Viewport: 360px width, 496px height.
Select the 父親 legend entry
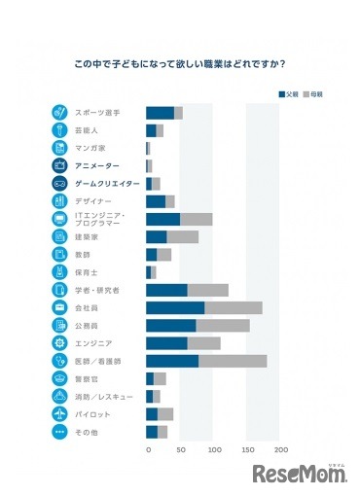pos(288,94)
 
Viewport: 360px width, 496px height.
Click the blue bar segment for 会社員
pos(175,307)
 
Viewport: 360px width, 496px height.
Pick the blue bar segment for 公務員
pos(171,325)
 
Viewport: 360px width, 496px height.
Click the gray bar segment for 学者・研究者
pos(207,290)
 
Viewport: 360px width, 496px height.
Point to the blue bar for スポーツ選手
pos(160,113)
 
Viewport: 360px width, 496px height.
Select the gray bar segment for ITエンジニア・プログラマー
pos(196,219)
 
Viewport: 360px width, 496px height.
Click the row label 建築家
pos(89,236)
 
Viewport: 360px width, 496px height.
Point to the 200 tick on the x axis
pos(281,450)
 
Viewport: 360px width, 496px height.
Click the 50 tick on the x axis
pos(182,450)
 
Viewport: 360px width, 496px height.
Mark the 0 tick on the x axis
pos(148,450)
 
